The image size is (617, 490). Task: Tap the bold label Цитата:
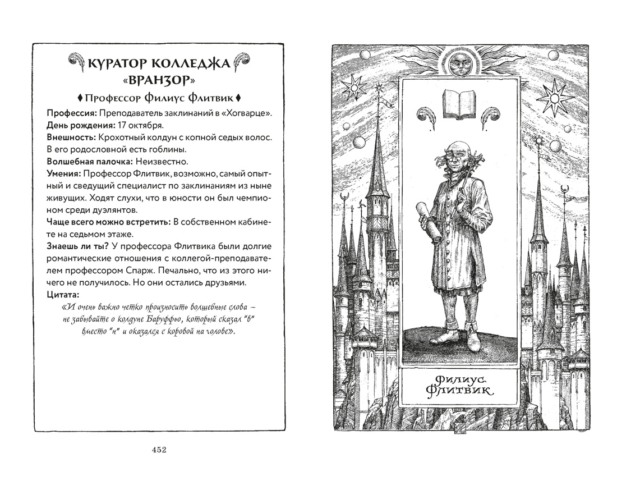tap(63, 294)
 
